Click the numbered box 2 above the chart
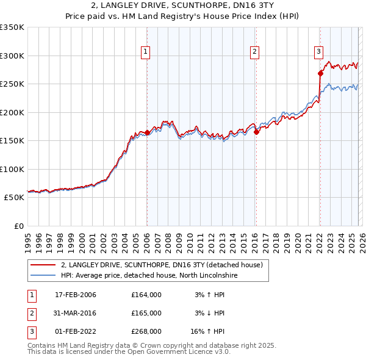pyautogui.click(x=254, y=52)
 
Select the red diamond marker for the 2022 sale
pyautogui.click(x=320, y=74)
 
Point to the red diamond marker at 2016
pyautogui.click(x=256, y=132)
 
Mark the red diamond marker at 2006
pyautogui.click(x=147, y=132)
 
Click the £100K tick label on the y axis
pyautogui.click(x=12, y=169)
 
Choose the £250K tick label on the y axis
pyautogui.click(x=12, y=84)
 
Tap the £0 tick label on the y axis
pyautogui.click(x=17, y=226)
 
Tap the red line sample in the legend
pyautogui.click(x=43, y=265)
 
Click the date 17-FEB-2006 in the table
pyautogui.click(x=76, y=295)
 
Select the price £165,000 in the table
pyautogui.click(x=146, y=313)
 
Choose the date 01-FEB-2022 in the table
pyautogui.click(x=76, y=331)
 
